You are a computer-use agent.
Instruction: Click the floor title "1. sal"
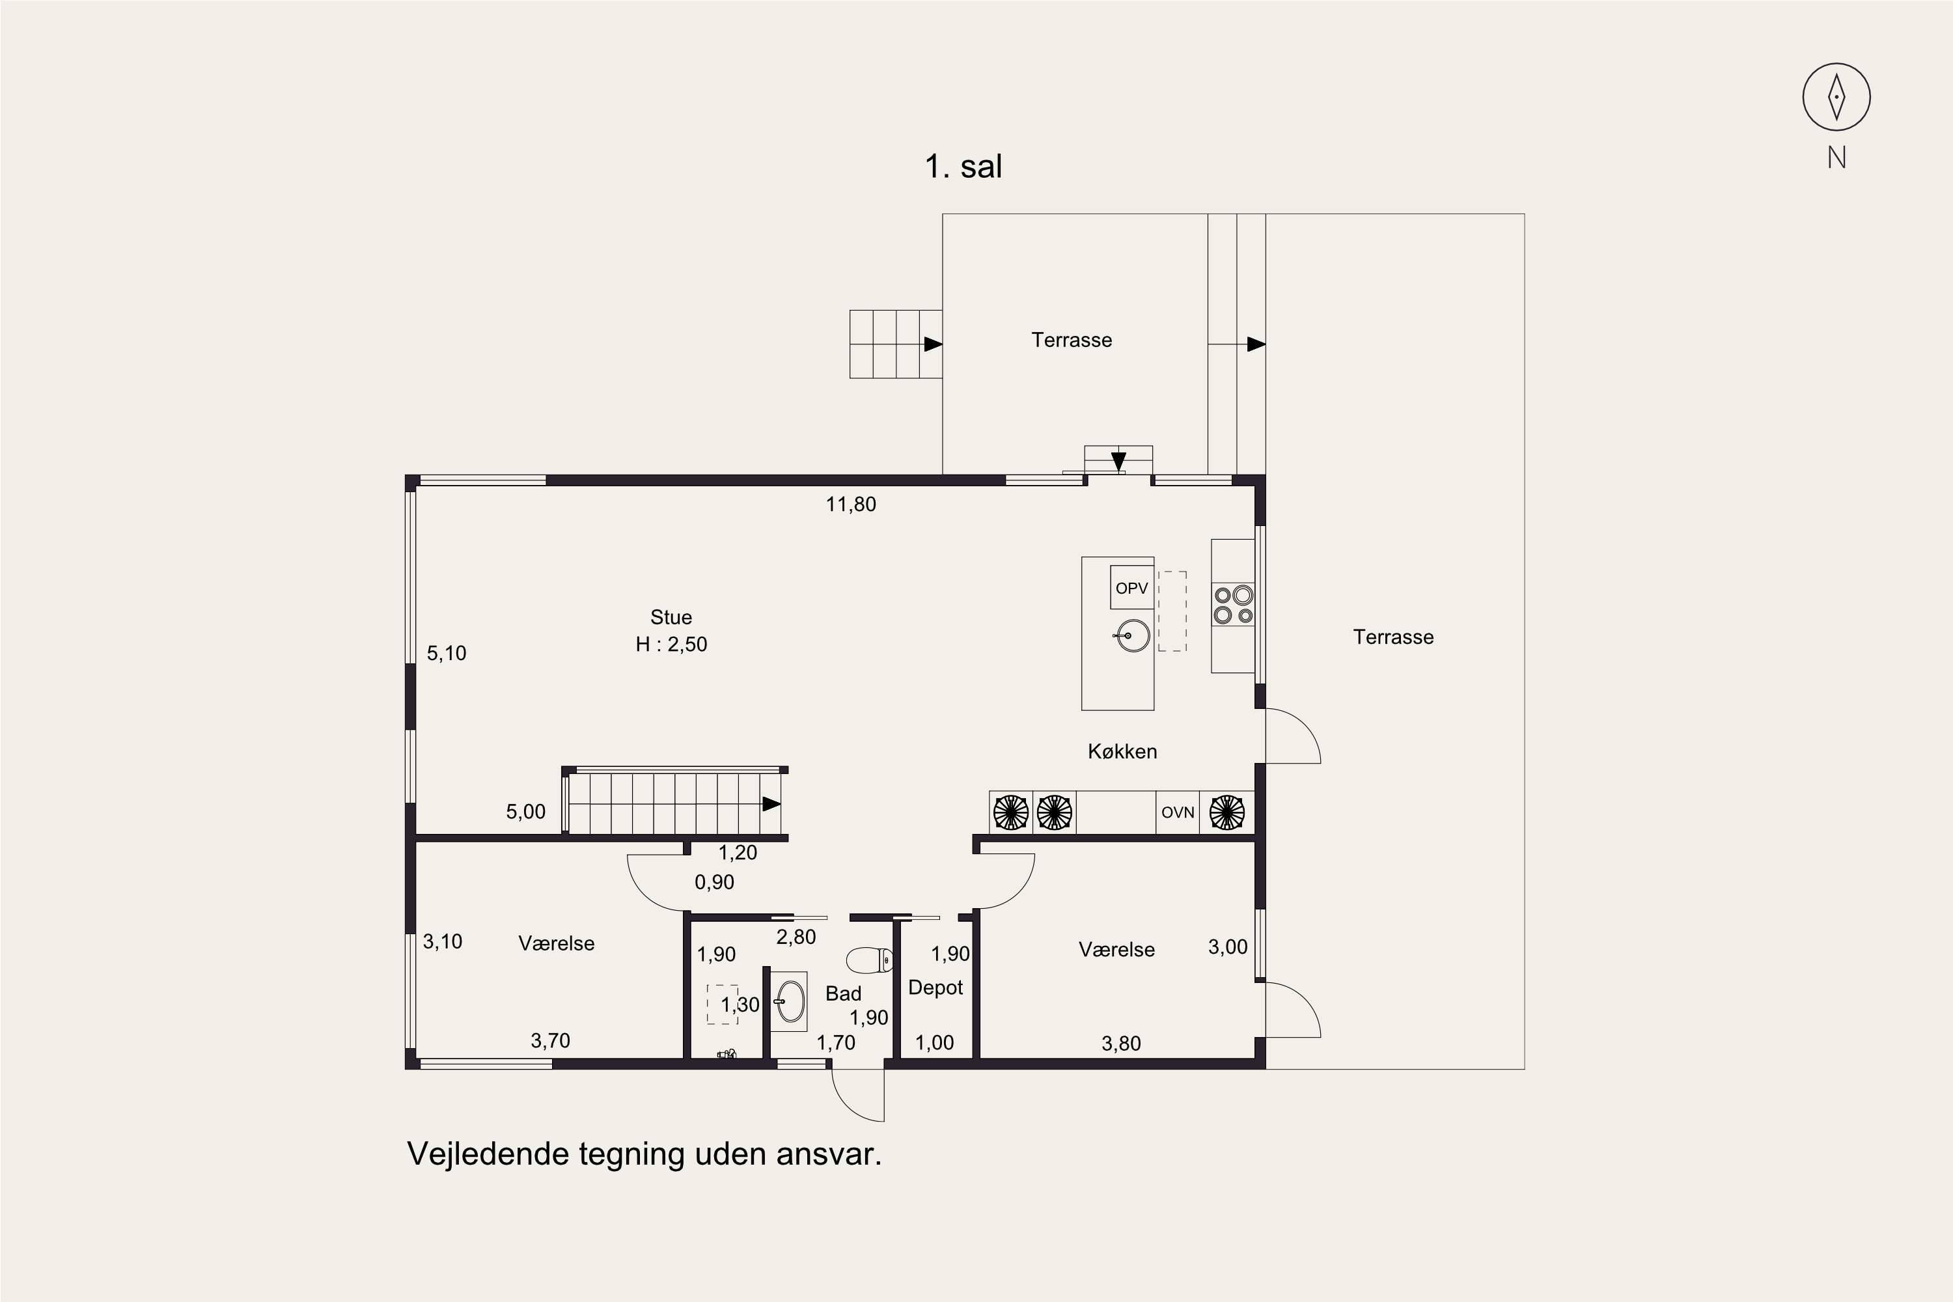(x=963, y=167)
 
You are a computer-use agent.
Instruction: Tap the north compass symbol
(x=1836, y=97)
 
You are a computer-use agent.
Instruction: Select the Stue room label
(x=671, y=617)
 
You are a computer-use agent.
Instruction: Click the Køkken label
(x=1122, y=751)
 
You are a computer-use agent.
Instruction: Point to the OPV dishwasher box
(x=1132, y=588)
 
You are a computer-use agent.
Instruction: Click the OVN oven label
(x=1178, y=812)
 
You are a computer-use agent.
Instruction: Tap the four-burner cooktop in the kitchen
(x=1233, y=605)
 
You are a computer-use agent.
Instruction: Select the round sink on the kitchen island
(x=1132, y=636)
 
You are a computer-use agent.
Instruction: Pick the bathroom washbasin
(x=790, y=1001)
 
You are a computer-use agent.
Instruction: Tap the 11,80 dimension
(x=850, y=504)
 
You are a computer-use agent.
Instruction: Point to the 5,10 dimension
(x=447, y=654)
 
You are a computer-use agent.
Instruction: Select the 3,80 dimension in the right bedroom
(x=1121, y=1044)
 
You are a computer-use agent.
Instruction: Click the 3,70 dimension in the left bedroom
(x=551, y=1040)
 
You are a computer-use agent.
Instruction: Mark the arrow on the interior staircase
(x=772, y=804)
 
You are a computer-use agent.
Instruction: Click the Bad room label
(x=843, y=994)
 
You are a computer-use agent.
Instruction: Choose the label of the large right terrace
(x=1393, y=637)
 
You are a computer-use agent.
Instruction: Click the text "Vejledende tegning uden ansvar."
(x=644, y=1154)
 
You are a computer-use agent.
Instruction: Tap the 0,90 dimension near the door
(x=714, y=883)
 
